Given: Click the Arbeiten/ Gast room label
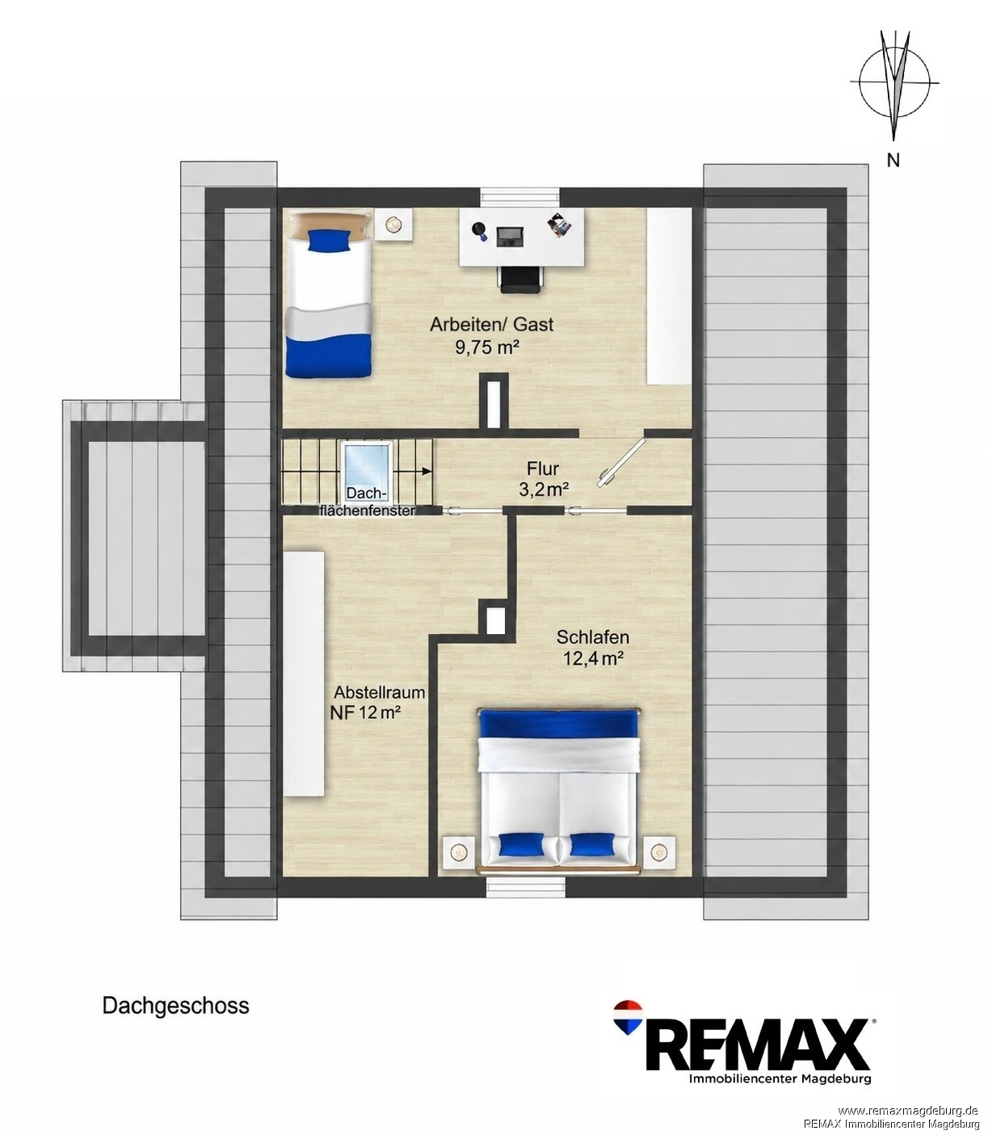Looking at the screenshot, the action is point(491,324).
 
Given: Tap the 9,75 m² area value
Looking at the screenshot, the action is point(487,348).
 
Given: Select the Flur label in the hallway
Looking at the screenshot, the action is point(543,469).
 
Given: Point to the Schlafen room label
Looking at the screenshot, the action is point(593,637).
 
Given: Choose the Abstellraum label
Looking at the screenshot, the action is point(380,692).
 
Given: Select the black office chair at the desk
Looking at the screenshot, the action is point(520,278).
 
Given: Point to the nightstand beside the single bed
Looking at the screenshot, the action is point(393,224).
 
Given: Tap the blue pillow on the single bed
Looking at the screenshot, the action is point(329,240).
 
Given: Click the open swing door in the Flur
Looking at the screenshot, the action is point(623,460).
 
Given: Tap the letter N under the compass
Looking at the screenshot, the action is point(893,160).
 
